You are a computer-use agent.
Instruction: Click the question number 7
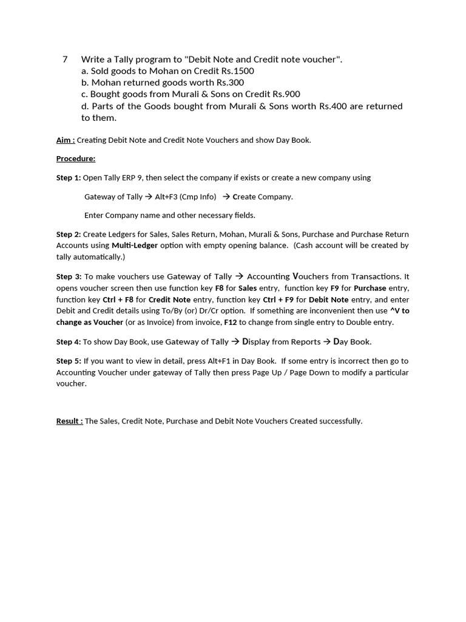pos(65,60)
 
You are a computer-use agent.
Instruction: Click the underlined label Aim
pos(66,140)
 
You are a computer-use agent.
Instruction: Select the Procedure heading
pos(76,159)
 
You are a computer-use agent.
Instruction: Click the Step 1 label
pos(68,178)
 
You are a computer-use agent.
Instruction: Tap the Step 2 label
pos(68,234)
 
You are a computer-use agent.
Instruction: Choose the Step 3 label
pos(69,277)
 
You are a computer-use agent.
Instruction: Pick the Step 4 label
pos(68,342)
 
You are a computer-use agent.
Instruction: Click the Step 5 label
pos(69,361)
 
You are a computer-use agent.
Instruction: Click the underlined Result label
pos(69,422)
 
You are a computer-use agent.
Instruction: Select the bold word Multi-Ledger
pos(135,245)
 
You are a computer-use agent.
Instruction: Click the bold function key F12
pos(230,323)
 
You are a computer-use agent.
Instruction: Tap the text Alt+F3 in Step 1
pos(167,197)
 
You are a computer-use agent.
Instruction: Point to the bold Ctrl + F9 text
pos(278,300)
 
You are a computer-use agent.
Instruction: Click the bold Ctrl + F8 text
pos(118,300)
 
